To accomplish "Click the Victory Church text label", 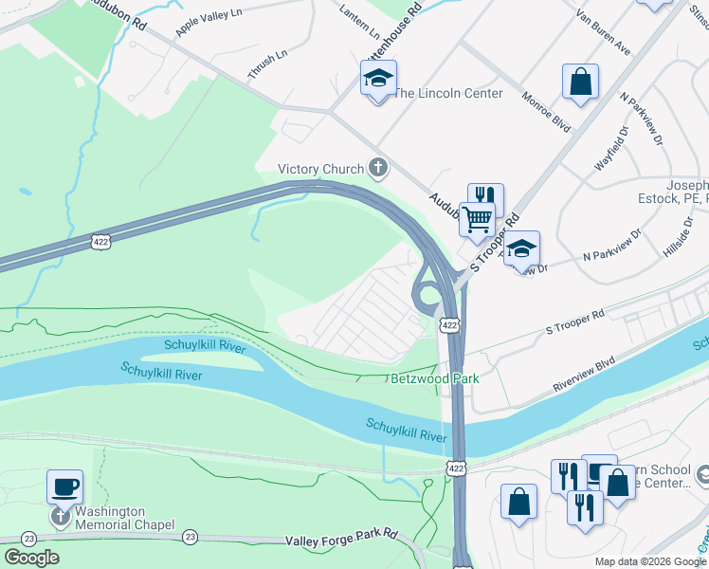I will (x=320, y=170).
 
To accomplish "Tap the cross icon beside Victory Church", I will (x=378, y=170).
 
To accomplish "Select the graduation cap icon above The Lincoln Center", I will (x=378, y=79).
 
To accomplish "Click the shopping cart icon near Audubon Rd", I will (x=478, y=219).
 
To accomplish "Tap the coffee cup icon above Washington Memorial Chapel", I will (x=64, y=487).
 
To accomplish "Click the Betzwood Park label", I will (x=435, y=378).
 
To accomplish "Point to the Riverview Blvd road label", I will (x=585, y=376).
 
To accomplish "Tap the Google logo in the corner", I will (x=32, y=558).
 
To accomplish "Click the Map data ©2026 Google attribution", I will (x=649, y=561).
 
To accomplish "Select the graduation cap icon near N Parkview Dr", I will (x=520, y=249).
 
